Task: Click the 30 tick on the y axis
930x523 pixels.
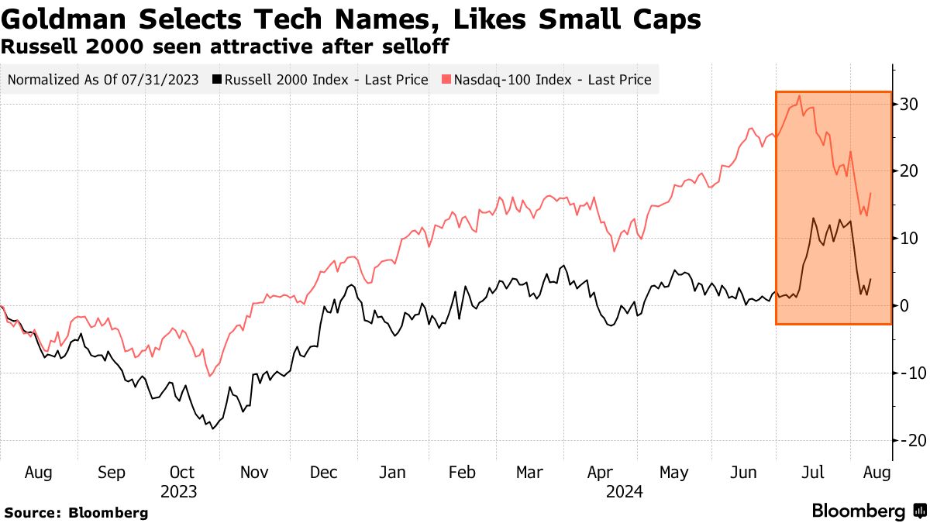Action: click(909, 105)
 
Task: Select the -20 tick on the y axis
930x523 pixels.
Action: click(908, 440)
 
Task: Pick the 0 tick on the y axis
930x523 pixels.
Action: click(904, 306)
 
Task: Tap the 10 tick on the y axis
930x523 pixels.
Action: click(909, 239)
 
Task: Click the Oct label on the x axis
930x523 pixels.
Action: click(181, 473)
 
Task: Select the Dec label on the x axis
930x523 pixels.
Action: click(323, 473)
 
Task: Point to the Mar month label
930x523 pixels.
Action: click(530, 473)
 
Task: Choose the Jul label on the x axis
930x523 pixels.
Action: click(814, 473)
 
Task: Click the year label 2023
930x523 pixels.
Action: click(178, 491)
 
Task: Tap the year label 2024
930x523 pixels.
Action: click(625, 491)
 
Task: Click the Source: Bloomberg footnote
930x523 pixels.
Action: click(76, 512)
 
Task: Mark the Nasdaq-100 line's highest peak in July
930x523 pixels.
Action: click(799, 96)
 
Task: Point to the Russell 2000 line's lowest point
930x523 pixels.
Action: click(212, 428)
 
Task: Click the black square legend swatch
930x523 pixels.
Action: click(218, 79)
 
